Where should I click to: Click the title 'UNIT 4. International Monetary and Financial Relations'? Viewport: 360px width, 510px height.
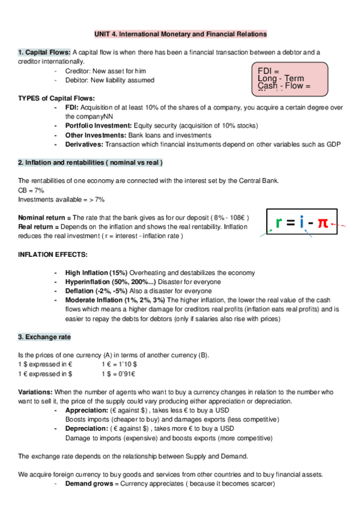click(180, 34)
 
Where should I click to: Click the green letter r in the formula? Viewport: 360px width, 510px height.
click(279, 223)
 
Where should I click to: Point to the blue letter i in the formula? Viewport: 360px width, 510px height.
click(305, 223)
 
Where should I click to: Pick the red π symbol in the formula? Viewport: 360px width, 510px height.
click(323, 223)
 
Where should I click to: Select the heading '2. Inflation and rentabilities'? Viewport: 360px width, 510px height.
click(90, 162)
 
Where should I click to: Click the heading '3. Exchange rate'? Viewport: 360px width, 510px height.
click(44, 337)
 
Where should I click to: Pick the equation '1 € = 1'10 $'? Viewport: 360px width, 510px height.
click(120, 364)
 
